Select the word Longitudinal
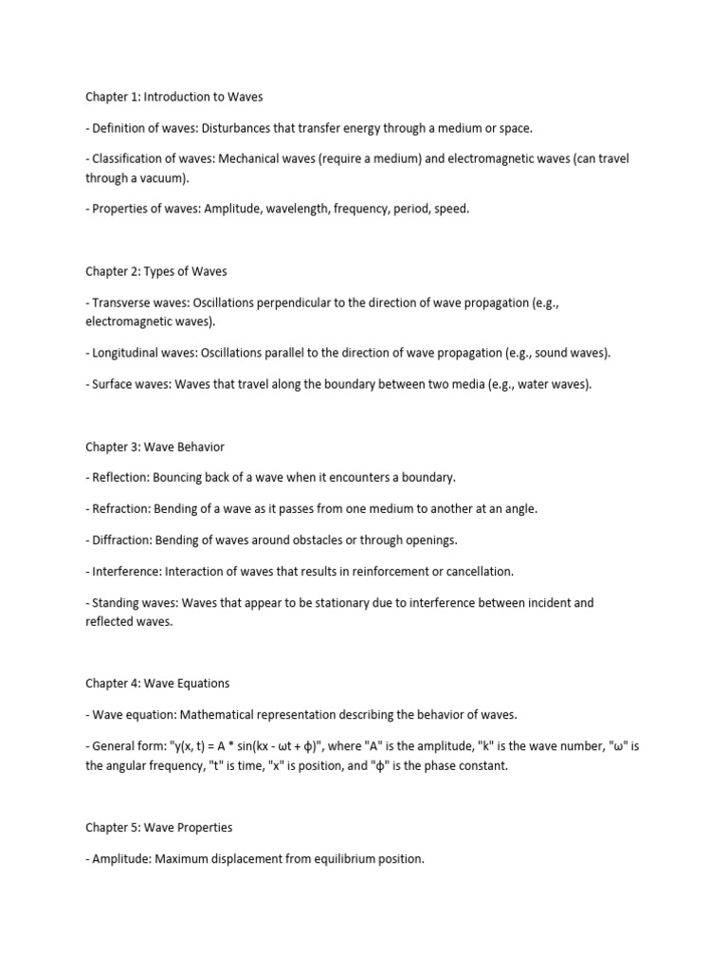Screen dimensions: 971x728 pos(129,353)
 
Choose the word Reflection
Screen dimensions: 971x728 pos(122,477)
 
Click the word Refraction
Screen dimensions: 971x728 pos(122,508)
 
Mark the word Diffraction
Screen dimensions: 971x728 pos(124,540)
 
